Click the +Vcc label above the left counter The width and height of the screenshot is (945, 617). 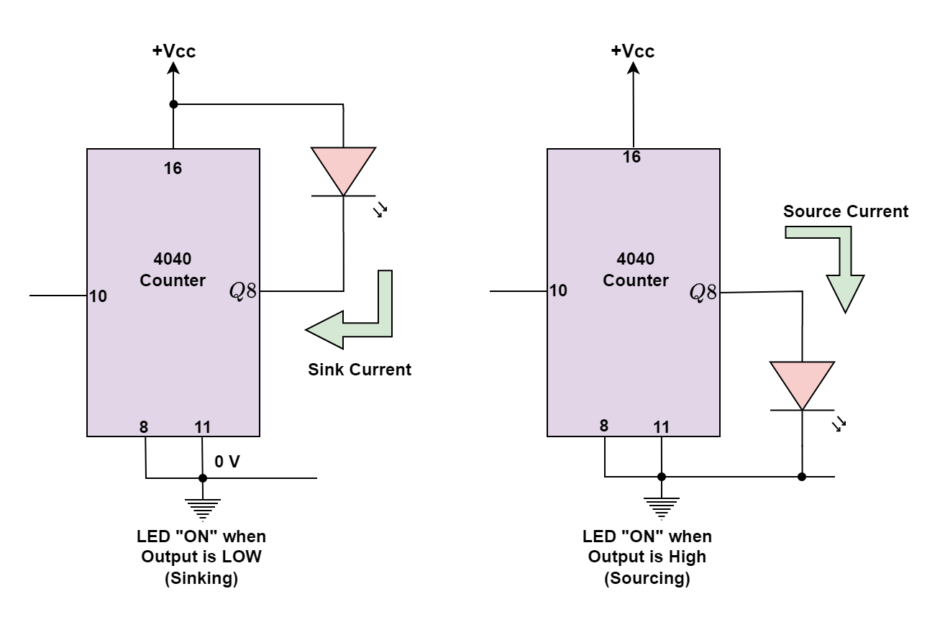coord(174,51)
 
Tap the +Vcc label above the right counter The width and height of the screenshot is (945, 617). coord(633,51)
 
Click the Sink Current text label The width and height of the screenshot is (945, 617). coord(360,370)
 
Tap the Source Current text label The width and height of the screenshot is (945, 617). coord(846,211)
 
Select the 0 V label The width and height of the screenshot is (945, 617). coord(227,462)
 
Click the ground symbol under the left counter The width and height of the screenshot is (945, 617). coord(203,509)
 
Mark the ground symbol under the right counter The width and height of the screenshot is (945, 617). coord(662,508)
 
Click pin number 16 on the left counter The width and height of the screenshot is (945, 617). coord(173,168)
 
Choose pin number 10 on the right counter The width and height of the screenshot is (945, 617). coord(558,290)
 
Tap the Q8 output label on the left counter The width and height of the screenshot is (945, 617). coord(242,291)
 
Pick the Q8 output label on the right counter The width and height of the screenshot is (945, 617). coord(703,292)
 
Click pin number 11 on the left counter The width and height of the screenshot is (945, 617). coord(203,427)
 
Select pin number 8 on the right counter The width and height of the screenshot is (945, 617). coord(604,426)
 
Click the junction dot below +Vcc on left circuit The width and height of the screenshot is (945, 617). coord(173,104)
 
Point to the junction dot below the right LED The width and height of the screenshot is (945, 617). coord(802,477)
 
